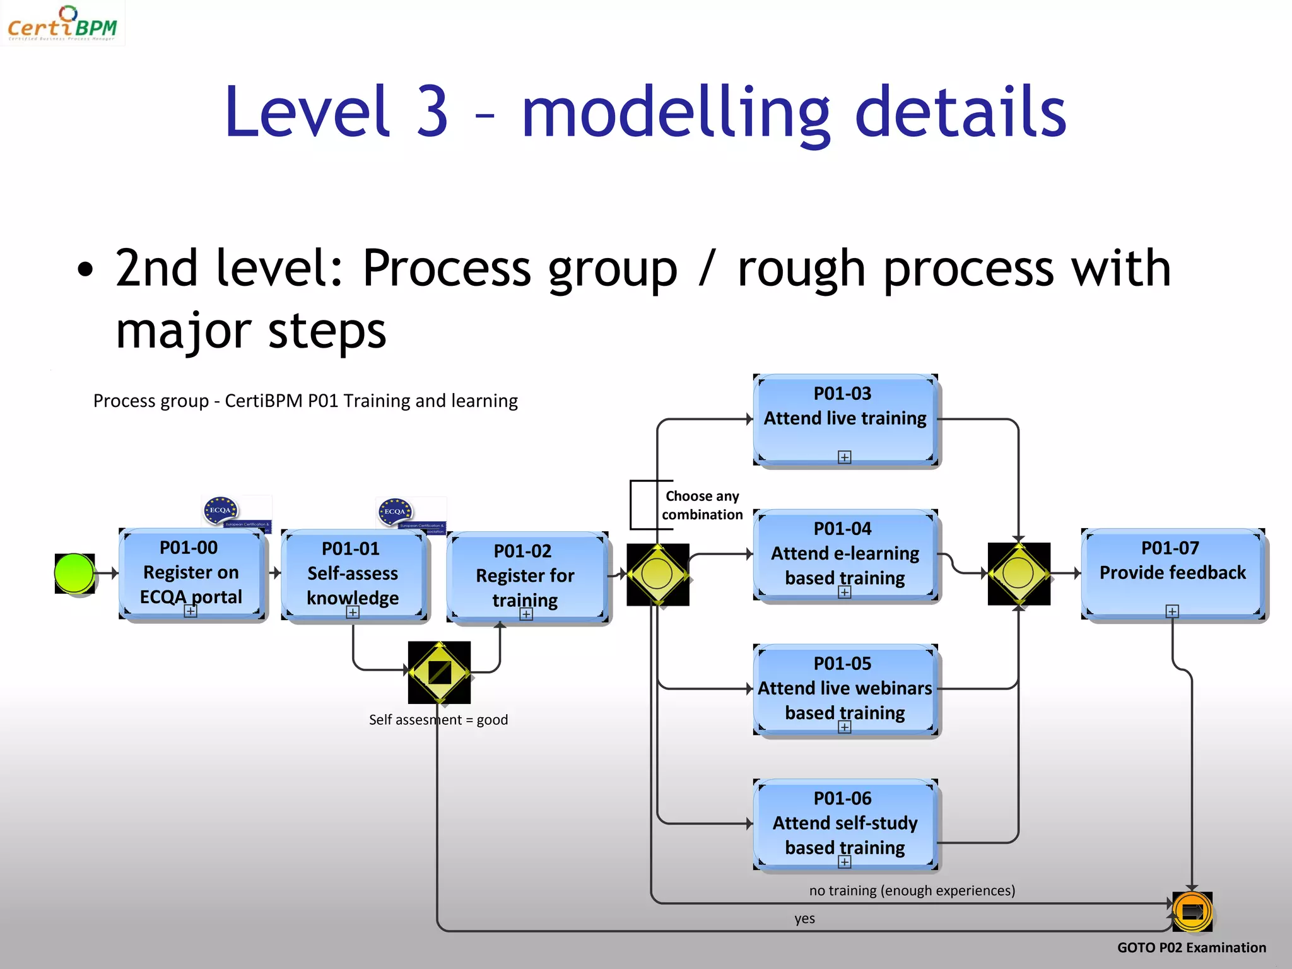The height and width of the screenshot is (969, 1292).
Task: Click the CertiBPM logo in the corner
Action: (x=62, y=24)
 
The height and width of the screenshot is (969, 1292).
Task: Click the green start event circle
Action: (x=74, y=573)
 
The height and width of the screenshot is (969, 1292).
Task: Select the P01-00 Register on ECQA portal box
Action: (x=191, y=573)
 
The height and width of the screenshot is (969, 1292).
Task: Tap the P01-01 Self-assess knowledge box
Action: (x=353, y=574)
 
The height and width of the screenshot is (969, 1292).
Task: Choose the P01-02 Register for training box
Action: (x=526, y=576)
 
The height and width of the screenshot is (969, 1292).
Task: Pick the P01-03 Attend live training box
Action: (x=845, y=418)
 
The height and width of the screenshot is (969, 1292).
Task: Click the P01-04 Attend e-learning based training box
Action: (x=845, y=553)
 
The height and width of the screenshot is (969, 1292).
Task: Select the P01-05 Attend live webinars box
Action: (x=845, y=688)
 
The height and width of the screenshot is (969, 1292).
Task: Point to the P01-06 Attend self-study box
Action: (x=845, y=823)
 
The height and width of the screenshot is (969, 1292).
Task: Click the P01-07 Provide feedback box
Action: (x=1172, y=573)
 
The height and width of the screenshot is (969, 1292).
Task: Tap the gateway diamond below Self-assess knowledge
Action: (x=440, y=672)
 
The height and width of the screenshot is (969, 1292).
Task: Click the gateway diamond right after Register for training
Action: (x=657, y=575)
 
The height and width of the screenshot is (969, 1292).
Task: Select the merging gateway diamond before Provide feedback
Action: (x=1018, y=574)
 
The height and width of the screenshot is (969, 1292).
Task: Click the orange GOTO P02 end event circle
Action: (x=1192, y=912)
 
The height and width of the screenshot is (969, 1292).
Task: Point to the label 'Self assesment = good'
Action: (x=438, y=720)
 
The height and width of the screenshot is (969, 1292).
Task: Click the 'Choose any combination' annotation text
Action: (x=702, y=505)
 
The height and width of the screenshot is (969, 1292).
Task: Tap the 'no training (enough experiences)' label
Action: (x=912, y=890)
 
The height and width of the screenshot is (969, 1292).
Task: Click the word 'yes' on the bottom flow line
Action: (x=804, y=919)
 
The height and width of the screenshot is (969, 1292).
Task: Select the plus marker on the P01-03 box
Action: (x=845, y=457)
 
